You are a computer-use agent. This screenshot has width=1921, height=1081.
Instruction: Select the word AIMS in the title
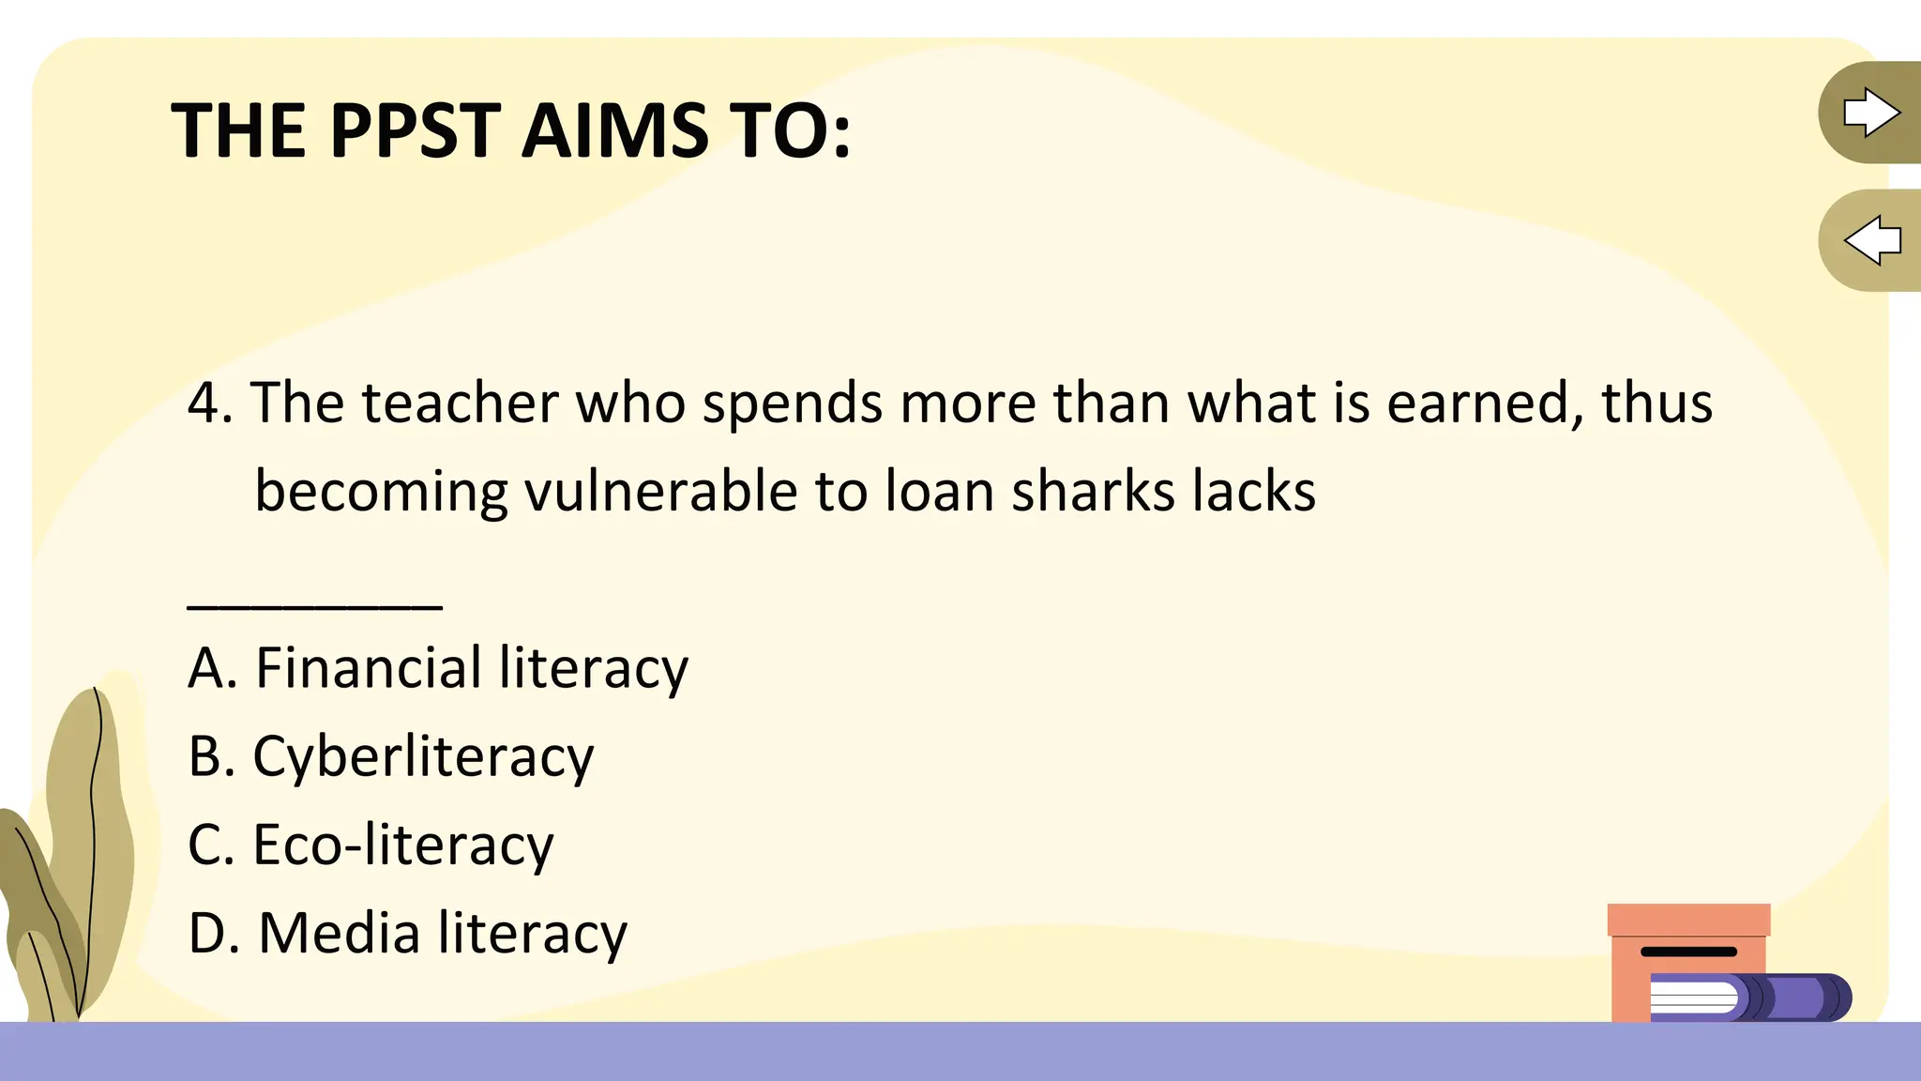(615, 130)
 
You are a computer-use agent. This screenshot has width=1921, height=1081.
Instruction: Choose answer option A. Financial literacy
(438, 668)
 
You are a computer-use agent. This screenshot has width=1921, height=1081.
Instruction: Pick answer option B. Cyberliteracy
(391, 756)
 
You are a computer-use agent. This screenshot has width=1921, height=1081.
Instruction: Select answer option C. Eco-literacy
(371, 845)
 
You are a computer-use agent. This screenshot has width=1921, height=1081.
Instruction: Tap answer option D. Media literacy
(408, 934)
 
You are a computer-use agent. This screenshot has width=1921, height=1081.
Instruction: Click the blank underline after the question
(314, 605)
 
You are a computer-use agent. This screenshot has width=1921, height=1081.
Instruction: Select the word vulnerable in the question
(660, 492)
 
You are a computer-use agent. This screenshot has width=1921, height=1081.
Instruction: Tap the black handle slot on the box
(1688, 952)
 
